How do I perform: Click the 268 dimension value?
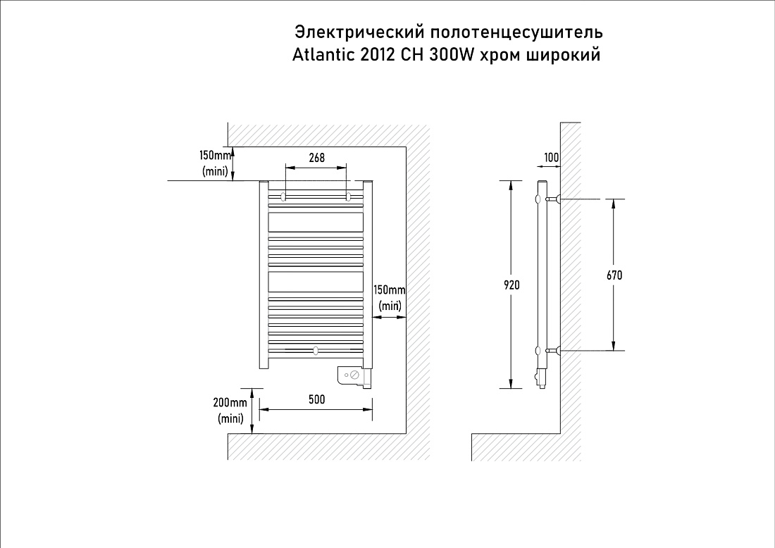coord(317,158)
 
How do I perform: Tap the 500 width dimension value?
coord(317,399)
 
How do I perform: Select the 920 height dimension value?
coord(512,285)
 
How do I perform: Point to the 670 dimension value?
coord(614,275)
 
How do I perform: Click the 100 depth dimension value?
coord(552,158)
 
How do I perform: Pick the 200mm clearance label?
coord(230,402)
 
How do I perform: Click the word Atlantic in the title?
coord(324,54)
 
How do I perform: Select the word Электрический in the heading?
coord(359,32)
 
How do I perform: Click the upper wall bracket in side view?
coord(552,199)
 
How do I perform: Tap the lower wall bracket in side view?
coord(552,350)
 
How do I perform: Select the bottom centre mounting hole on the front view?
coord(316,351)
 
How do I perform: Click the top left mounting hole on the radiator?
coord(283,197)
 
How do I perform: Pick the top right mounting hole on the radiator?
coord(349,197)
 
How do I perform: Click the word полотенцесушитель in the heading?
coord(516,32)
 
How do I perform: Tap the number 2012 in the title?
coord(378,54)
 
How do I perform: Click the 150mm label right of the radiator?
coord(390,289)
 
